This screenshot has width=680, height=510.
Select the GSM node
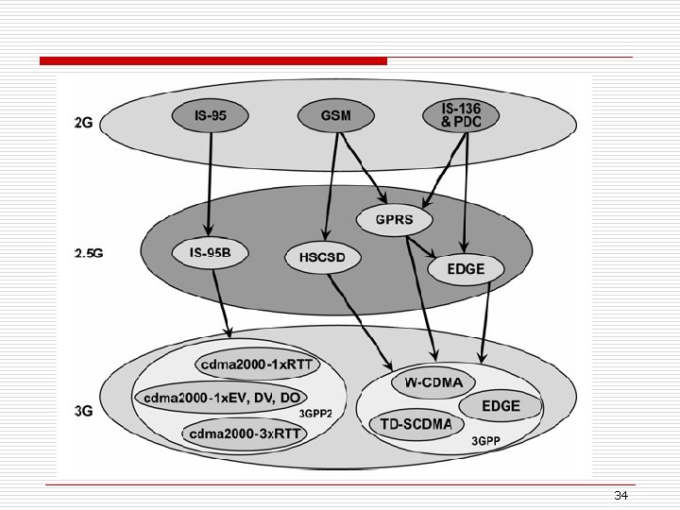[x=335, y=116]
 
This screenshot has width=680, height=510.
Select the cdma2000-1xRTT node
[x=259, y=365]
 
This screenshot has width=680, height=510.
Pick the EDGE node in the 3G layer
[x=501, y=406]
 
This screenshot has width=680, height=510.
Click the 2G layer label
[x=83, y=122]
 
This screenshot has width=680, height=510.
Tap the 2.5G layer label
[x=87, y=253]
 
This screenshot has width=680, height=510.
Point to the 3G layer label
[x=83, y=411]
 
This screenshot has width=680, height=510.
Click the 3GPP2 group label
[x=316, y=414]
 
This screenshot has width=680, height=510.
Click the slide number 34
[x=620, y=496]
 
